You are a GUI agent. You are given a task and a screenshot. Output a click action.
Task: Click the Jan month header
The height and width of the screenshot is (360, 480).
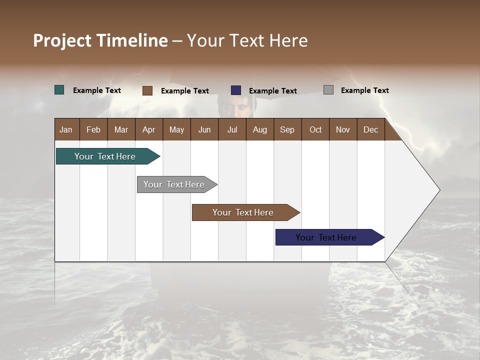pos(66,129)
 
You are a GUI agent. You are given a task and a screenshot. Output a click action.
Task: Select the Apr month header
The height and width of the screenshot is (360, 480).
pos(149,129)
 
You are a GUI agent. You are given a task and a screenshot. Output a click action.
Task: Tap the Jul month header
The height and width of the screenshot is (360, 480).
pos(232,129)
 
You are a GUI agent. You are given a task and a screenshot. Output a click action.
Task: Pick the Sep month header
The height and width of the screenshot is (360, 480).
pos(287,129)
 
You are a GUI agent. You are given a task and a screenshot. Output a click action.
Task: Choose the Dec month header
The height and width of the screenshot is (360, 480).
pos(370,129)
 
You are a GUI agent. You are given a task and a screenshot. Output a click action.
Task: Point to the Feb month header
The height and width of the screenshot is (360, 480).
pos(93,129)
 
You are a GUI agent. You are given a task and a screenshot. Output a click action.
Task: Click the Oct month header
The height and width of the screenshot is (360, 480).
pos(315,129)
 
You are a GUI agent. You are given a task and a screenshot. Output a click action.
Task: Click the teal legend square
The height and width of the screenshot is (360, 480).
pos(59,90)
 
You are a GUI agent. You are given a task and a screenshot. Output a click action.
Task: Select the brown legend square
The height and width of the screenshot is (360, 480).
pos(147,90)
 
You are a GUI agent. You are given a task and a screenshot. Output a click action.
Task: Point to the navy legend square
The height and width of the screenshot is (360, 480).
pos(236,90)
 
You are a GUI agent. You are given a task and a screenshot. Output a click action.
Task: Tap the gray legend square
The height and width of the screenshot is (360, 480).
pos(328,90)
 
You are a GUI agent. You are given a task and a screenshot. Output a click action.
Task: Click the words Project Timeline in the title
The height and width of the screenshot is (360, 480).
pos(100,40)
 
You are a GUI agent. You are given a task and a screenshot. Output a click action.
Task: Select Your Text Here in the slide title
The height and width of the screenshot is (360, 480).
pos(247,40)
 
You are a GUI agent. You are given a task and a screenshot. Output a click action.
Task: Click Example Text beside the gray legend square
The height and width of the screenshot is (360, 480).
pos(364,90)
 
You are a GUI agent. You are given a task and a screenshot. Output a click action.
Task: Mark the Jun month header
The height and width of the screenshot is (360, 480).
pos(204,129)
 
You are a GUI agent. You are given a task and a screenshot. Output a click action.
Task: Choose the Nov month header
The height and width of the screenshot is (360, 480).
pos(343,129)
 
